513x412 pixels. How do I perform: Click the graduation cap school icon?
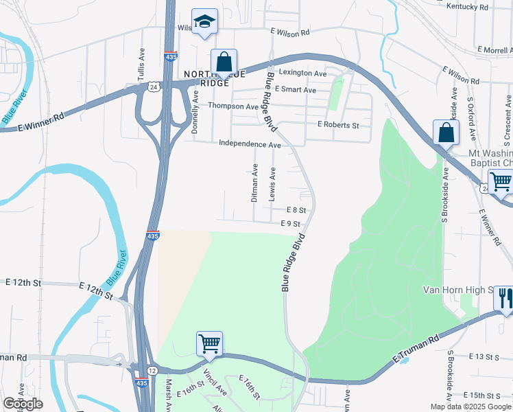(x=204, y=22)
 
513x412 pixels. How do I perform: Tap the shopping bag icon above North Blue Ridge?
(x=224, y=62)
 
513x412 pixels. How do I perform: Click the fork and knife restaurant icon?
(x=504, y=299)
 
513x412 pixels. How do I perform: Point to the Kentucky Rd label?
(x=466, y=7)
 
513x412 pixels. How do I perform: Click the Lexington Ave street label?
(x=302, y=73)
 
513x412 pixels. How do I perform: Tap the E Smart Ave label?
(x=295, y=90)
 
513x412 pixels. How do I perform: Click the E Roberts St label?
(x=337, y=125)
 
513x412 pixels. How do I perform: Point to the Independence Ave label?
(x=250, y=145)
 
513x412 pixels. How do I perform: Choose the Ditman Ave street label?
(x=254, y=183)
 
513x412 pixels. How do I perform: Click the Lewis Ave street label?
(x=273, y=183)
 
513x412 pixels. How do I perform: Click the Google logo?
(x=23, y=404)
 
